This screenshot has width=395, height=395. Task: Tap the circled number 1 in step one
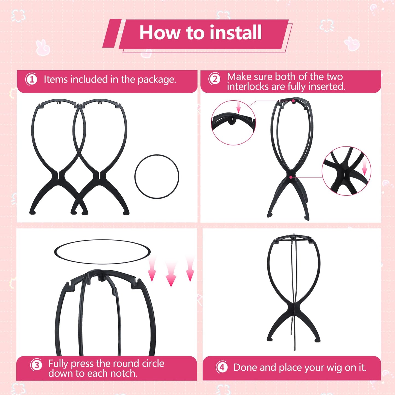pos(31,80)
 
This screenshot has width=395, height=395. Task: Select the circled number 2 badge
pos(215,79)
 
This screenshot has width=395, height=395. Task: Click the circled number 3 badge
pos(36,365)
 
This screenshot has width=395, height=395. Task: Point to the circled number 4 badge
pos(222,367)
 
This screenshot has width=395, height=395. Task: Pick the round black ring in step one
pos(157,177)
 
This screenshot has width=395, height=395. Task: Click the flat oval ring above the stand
pos(102,252)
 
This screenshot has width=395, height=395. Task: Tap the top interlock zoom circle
pos(233,122)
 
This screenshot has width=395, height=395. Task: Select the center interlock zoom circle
pos(346,171)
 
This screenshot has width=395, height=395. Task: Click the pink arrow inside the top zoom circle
pos(238,107)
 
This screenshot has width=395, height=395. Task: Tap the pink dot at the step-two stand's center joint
pos(291,177)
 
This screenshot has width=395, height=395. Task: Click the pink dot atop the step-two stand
pos(293,101)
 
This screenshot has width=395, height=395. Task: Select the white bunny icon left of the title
pos(43,47)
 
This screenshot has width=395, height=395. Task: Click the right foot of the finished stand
pos(317,340)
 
